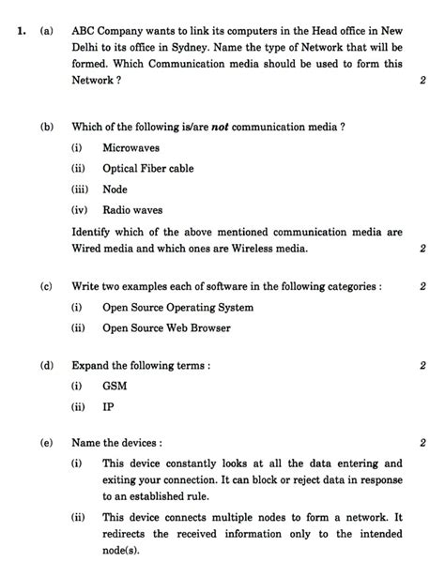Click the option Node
click(115, 190)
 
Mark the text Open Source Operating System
click(177, 307)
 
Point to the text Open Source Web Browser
click(166, 327)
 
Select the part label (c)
click(46, 286)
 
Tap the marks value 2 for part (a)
click(422, 82)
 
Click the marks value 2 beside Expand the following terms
click(422, 365)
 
